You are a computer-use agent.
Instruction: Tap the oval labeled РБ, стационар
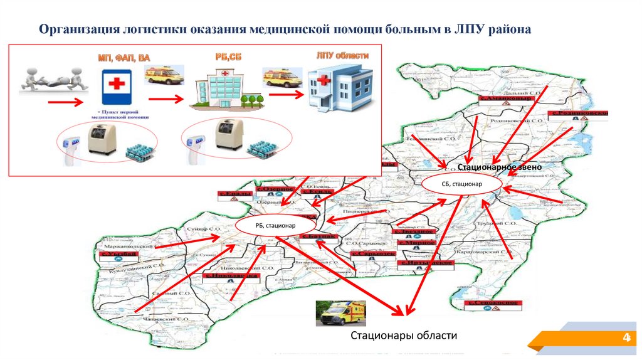(275, 225)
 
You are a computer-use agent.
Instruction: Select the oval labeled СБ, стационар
(461, 184)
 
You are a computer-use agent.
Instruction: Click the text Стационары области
(404, 336)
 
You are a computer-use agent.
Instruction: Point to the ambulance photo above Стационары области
(340, 312)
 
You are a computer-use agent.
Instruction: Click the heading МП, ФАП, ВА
(124, 58)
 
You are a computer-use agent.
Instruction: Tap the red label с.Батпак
(319, 237)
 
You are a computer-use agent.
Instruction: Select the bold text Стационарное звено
(498, 168)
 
